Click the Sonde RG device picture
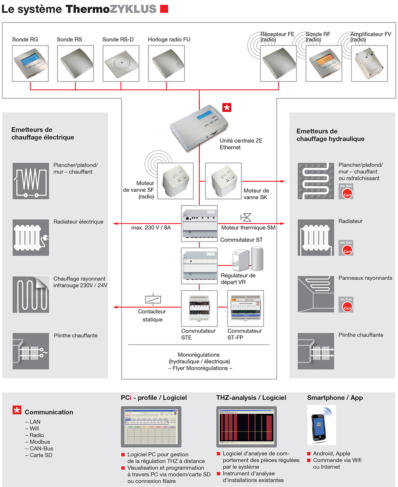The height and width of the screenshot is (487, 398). [x=30, y=63]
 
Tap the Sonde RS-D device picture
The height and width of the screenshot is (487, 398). [x=121, y=63]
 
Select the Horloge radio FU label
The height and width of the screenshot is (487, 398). [x=169, y=39]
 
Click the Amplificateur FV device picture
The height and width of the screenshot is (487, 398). [x=369, y=63]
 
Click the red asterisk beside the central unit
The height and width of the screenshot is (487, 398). [x=227, y=107]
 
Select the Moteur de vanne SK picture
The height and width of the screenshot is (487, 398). [x=223, y=181]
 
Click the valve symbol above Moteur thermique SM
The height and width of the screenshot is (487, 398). [x=246, y=218]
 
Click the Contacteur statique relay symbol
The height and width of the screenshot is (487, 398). [x=152, y=299]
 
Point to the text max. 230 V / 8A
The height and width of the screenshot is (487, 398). [x=151, y=228]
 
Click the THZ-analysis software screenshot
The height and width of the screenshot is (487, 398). [x=246, y=427]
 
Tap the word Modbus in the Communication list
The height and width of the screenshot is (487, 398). [x=40, y=442]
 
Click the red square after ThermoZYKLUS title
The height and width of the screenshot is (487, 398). [x=164, y=9]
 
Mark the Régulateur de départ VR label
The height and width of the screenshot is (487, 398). [x=238, y=279]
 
